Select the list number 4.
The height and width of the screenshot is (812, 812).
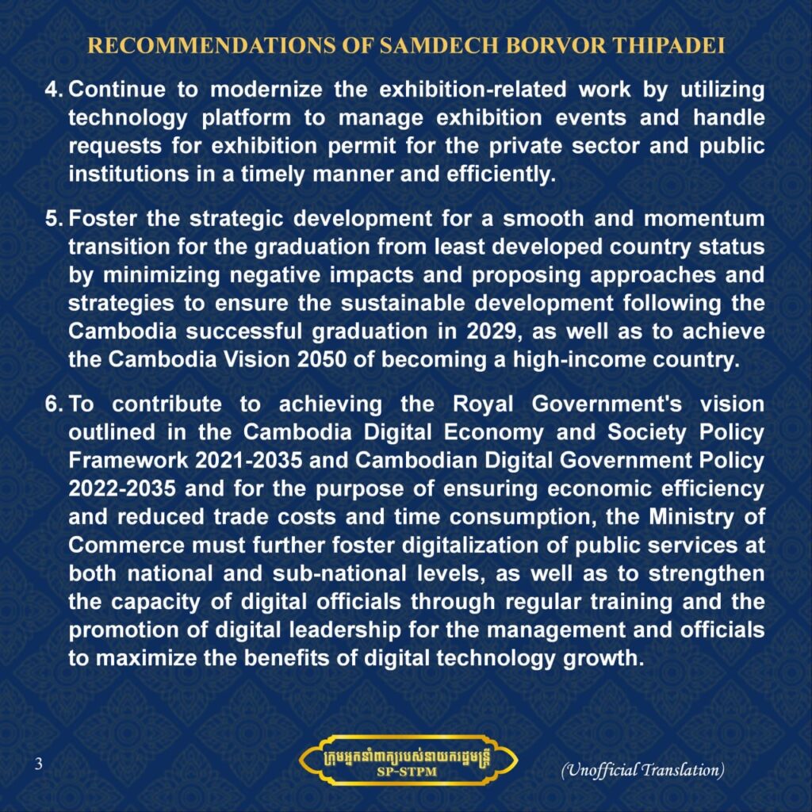(53, 90)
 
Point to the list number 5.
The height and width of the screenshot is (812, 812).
(53, 219)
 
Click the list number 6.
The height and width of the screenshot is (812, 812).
(53, 404)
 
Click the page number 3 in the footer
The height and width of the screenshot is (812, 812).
(37, 764)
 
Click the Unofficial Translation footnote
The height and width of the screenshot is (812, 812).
(642, 769)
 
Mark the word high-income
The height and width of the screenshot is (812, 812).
(586, 359)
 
